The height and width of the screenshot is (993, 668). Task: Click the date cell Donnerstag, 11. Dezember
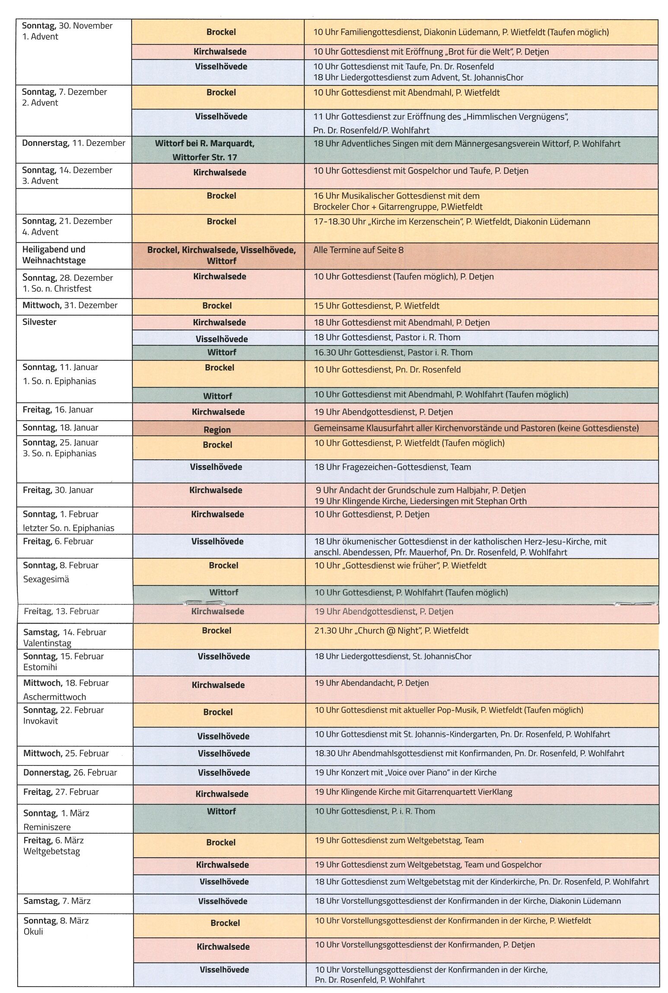pos(73,143)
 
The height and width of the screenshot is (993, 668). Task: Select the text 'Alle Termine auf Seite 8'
pos(358,250)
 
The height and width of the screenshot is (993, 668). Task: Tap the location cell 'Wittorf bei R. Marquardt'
pos(204,143)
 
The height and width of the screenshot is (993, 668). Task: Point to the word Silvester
pos(39,322)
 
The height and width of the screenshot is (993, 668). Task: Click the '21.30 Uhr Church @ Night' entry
pos(391,631)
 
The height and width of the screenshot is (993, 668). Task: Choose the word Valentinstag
pos(47,643)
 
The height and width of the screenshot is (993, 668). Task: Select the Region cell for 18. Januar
pos(217,430)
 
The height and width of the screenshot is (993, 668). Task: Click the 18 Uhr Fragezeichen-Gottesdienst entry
pos(392,467)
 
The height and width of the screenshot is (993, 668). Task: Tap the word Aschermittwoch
pos(54,697)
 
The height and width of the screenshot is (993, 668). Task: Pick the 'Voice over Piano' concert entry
pos(405,772)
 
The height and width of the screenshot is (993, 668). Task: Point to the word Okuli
pos(33,932)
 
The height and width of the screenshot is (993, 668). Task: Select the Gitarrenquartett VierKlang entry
pos(413,792)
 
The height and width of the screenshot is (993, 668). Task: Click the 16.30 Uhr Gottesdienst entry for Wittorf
pos(393,352)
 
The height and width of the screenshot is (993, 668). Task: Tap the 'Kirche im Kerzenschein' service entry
pos(452,222)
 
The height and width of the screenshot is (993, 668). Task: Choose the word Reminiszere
pos(47,827)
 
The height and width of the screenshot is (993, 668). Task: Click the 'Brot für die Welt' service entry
pos(431,52)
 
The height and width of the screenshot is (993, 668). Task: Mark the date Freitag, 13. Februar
pos(61,611)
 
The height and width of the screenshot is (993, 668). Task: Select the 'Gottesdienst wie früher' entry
pos(400,566)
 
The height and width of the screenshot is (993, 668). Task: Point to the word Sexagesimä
pos(46,579)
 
